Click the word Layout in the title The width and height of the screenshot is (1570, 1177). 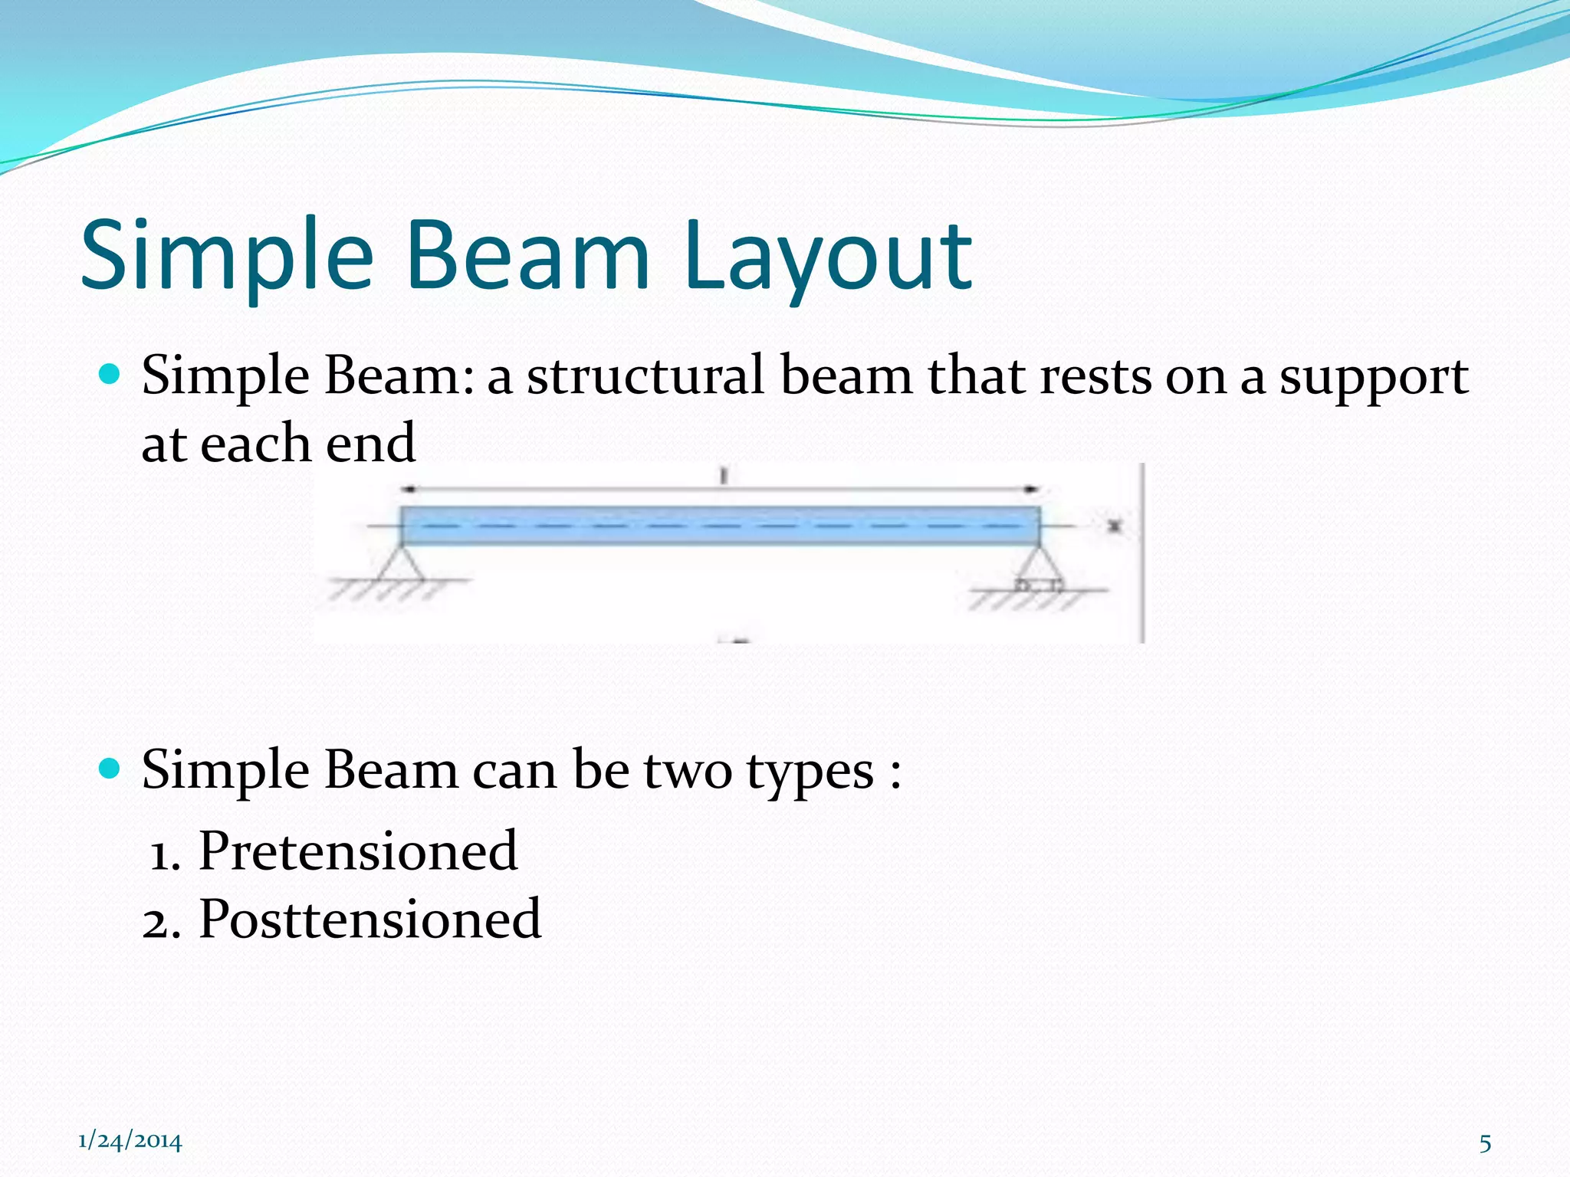coord(828,257)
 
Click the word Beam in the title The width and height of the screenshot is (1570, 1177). coord(529,257)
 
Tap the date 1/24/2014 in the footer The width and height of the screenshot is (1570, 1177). coord(130,1142)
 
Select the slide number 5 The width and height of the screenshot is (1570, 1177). coord(1485,1143)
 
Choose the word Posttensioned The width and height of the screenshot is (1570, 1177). coord(370,919)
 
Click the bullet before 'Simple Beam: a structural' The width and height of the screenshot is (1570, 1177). coord(110,375)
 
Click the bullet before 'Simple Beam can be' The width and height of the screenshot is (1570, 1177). coord(110,768)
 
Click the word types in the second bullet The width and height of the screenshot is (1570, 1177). coord(810,772)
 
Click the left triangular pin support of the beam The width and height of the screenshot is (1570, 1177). coord(400,565)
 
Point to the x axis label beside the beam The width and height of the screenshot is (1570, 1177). coord(1115,526)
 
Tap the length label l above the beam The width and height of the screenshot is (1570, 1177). coord(723,477)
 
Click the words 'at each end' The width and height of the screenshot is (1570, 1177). coord(278,444)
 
